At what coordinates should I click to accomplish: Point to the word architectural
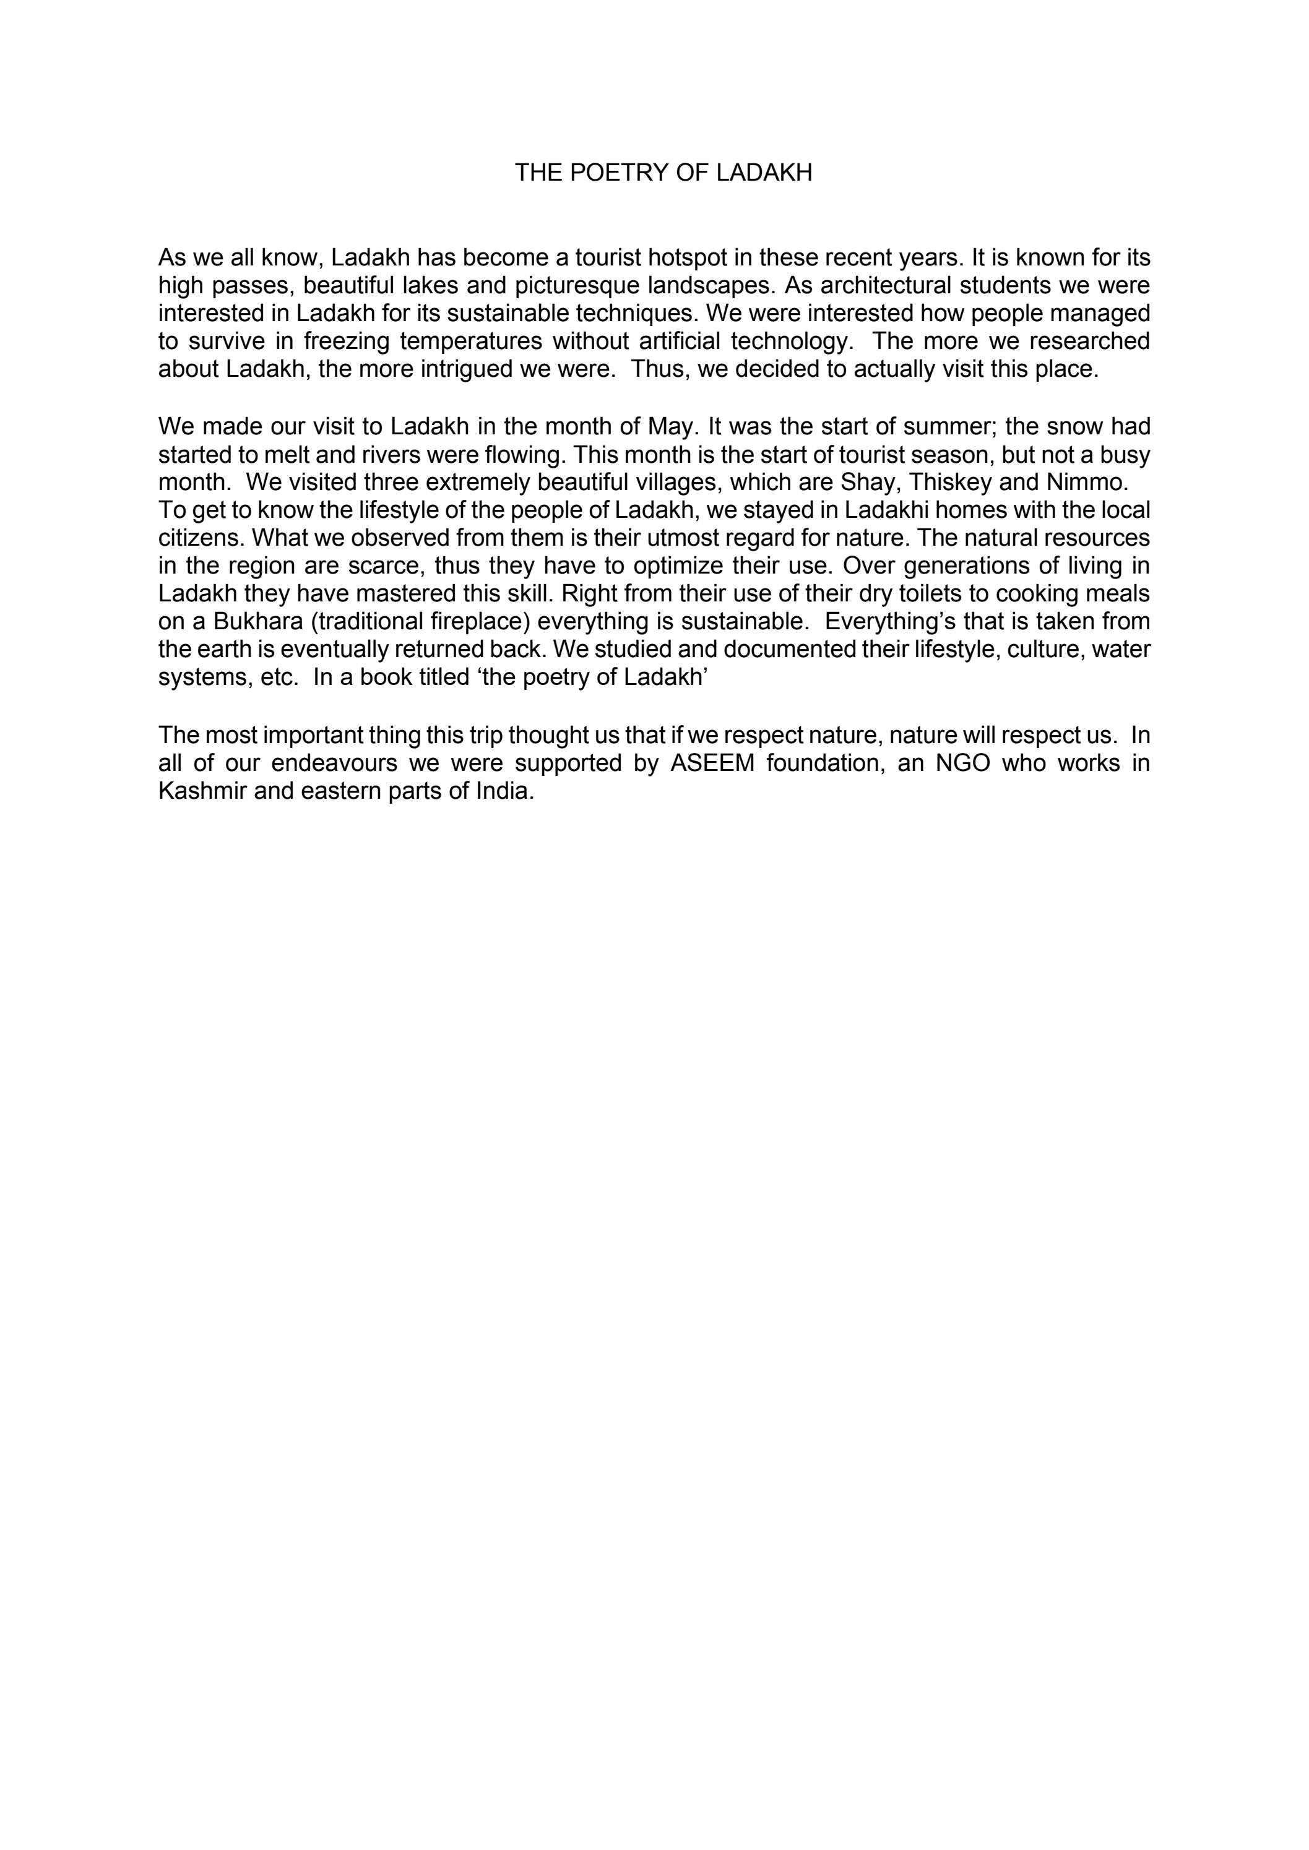click(x=893, y=285)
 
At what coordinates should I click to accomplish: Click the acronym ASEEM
click(x=714, y=763)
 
